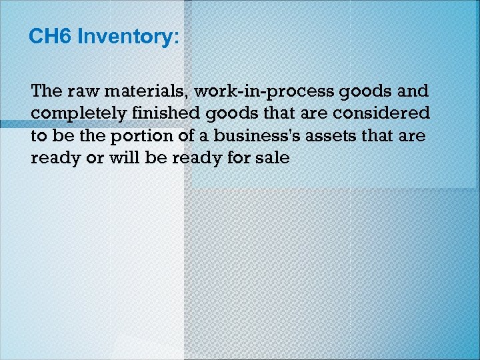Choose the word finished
click(x=153, y=114)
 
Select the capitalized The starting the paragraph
click(x=45, y=91)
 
